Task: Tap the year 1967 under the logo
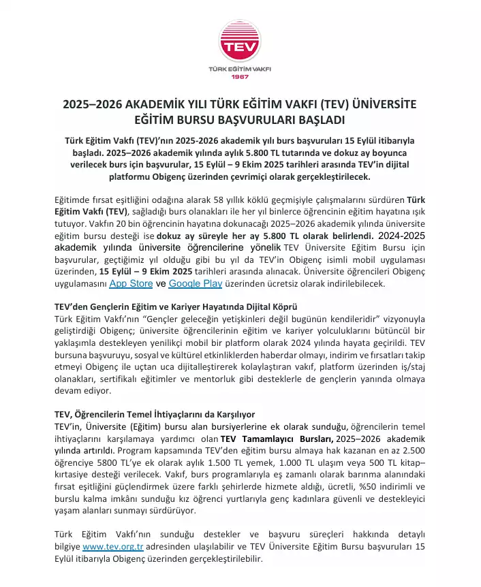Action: point(240,76)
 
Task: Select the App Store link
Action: point(131,283)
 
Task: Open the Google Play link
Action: point(196,283)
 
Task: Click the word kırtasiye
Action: point(74,474)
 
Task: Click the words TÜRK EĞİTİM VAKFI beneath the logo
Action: point(240,68)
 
